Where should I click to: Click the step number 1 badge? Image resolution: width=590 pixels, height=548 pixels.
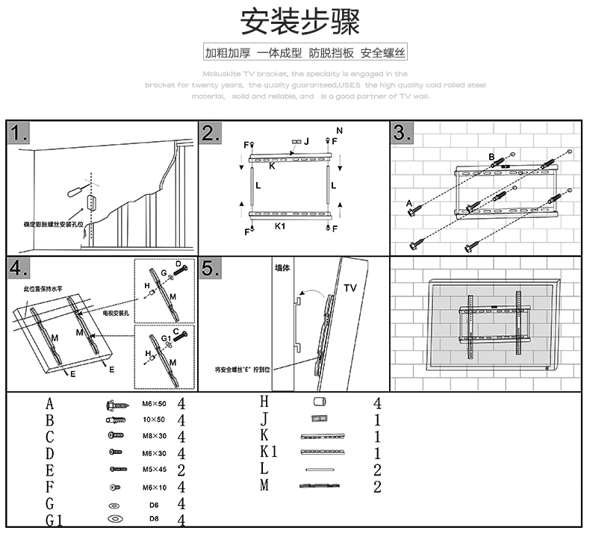pyautogui.click(x=21, y=135)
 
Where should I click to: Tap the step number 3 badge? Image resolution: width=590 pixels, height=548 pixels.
pyautogui.click(x=403, y=134)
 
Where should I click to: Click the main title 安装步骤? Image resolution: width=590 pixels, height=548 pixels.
pyautogui.click(x=299, y=22)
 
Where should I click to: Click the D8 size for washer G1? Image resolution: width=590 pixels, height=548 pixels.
pyautogui.click(x=155, y=519)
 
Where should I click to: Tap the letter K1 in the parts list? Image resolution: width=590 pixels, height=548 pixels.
pyautogui.click(x=269, y=452)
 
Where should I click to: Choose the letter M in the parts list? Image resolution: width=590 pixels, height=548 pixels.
pyautogui.click(x=264, y=485)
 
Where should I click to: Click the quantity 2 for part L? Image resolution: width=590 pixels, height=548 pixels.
pyautogui.click(x=377, y=470)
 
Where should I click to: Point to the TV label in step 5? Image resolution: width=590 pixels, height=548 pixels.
pyautogui.click(x=351, y=287)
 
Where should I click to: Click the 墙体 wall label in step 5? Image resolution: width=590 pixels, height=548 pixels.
pyautogui.click(x=282, y=267)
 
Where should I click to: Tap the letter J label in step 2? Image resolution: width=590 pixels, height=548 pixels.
pyautogui.click(x=307, y=141)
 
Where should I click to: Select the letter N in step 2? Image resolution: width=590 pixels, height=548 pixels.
pyautogui.click(x=339, y=131)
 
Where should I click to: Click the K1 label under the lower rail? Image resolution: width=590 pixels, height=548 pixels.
pyautogui.click(x=281, y=225)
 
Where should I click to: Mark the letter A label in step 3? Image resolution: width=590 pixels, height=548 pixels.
pyautogui.click(x=409, y=202)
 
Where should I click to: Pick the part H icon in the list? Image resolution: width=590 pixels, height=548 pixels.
pyautogui.click(x=320, y=402)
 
